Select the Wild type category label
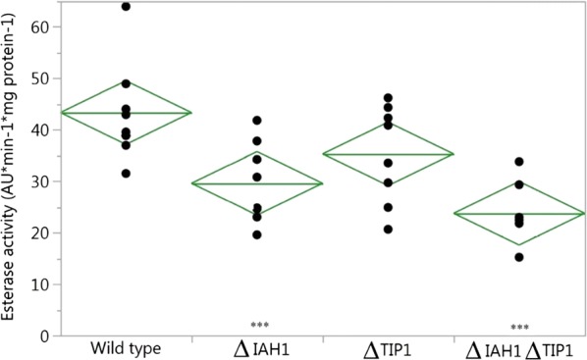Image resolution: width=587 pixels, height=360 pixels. point(125,348)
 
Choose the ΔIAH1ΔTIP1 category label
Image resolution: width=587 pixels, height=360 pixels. point(518,348)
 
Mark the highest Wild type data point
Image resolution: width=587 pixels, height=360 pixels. point(126,7)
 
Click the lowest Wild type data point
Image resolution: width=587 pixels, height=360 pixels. point(126,174)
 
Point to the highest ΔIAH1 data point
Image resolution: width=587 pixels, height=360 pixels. point(257,121)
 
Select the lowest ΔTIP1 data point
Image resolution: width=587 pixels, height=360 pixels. point(388,230)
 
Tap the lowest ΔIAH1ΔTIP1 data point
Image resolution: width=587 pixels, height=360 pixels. point(519,257)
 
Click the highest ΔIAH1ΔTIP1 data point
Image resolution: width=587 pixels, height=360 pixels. point(519,162)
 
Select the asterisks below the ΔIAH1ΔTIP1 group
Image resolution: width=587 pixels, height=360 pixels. point(519,327)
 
